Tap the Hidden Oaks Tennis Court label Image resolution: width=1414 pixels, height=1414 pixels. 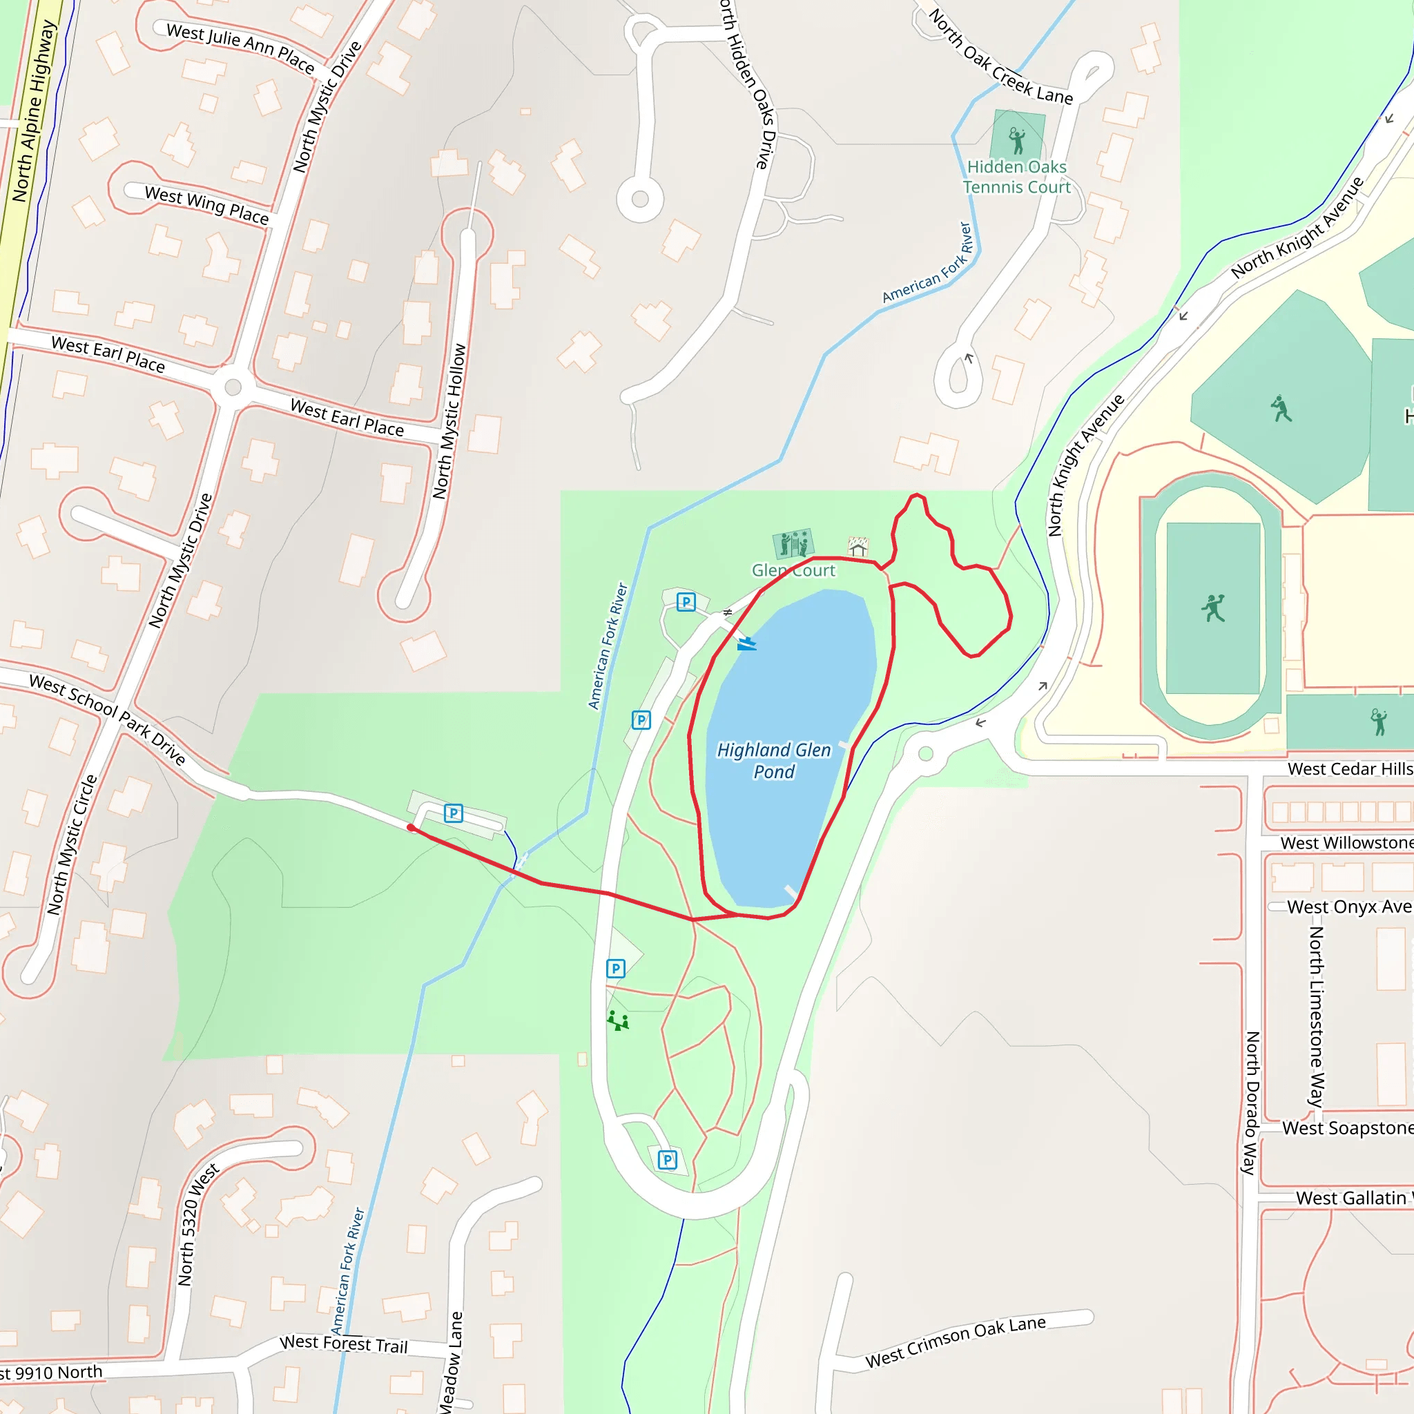point(1016,177)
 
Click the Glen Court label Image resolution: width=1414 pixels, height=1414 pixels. point(793,570)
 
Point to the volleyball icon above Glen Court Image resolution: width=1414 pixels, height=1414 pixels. point(793,544)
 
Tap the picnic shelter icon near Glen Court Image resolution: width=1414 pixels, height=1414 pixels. point(858,546)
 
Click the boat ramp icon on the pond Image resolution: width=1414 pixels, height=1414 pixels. point(746,643)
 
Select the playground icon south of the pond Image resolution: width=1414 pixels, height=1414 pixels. point(618,1020)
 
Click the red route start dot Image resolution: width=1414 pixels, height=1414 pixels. point(411,828)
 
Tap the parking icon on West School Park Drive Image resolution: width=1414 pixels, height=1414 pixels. point(453,813)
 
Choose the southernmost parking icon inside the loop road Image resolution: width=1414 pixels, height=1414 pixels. point(667,1160)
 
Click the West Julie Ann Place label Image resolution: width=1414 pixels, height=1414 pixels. point(240,48)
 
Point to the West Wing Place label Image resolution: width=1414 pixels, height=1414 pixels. point(207,204)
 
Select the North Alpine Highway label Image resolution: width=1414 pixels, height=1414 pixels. point(34,110)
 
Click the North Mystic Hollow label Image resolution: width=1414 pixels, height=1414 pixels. point(449,422)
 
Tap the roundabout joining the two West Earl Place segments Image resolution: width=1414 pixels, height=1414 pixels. point(233,387)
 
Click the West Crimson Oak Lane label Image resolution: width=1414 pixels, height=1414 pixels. point(955,1342)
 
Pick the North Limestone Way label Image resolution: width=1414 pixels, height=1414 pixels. point(1316,1016)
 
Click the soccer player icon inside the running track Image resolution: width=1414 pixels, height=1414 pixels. point(1212,608)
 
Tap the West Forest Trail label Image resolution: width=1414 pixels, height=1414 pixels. point(343,1344)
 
